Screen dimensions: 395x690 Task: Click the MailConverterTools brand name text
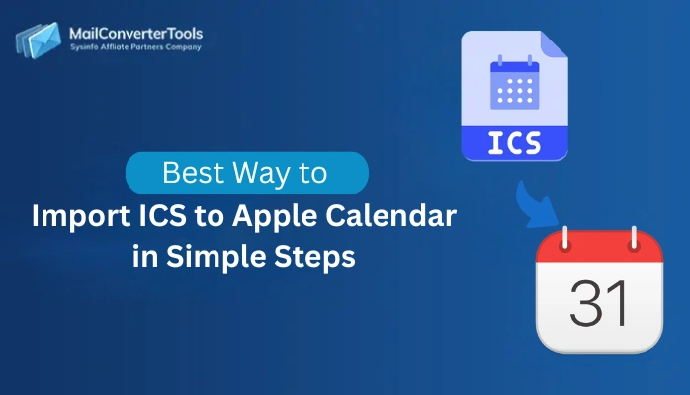(135, 33)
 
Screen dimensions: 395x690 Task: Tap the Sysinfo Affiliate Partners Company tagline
(135, 46)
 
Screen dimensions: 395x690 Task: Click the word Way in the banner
(259, 174)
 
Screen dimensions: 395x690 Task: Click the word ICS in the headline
(158, 215)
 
